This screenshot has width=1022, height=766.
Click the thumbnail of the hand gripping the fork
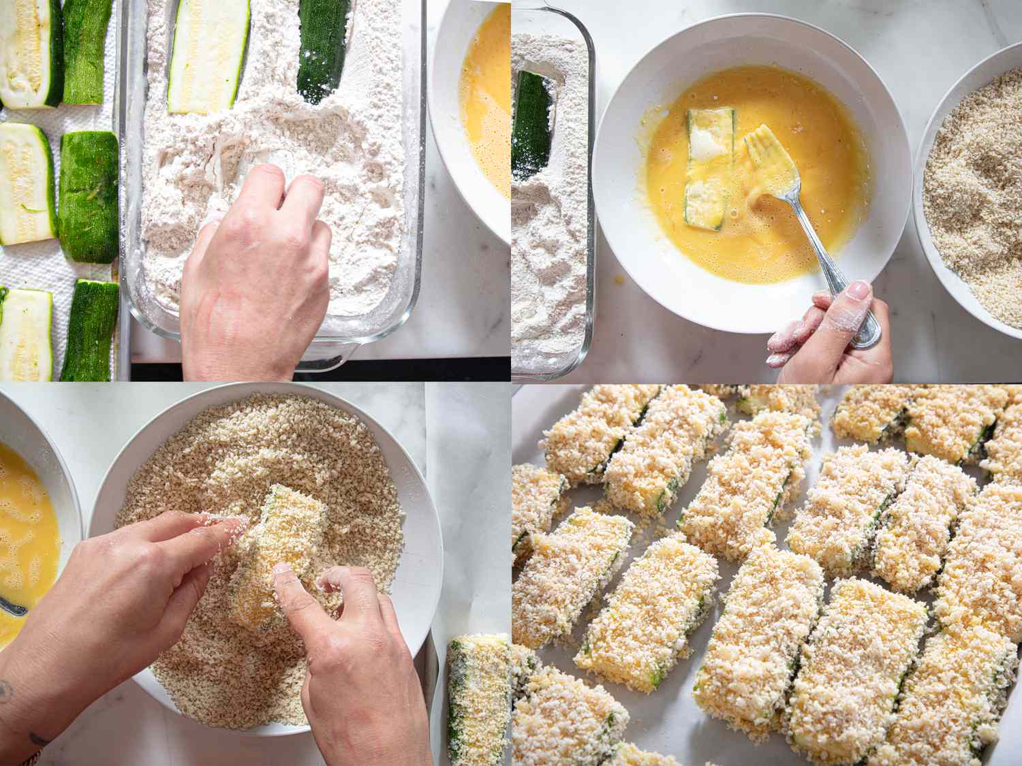point(859,292)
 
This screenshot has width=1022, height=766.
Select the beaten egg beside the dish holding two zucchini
point(485,102)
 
